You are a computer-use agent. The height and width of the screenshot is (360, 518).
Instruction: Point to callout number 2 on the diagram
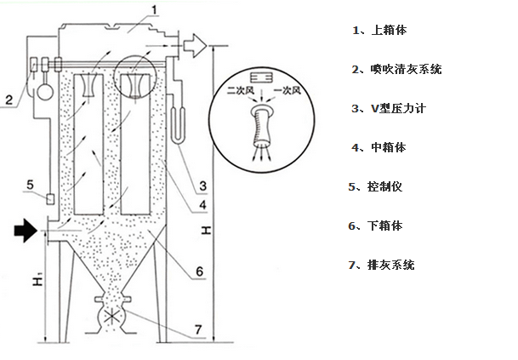pyautogui.click(x=8, y=100)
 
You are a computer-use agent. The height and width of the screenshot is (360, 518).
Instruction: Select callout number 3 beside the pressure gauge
pyautogui.click(x=203, y=185)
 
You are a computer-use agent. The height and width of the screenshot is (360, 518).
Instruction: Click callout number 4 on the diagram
pyautogui.click(x=203, y=206)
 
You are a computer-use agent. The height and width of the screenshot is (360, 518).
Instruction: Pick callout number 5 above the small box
pyautogui.click(x=30, y=184)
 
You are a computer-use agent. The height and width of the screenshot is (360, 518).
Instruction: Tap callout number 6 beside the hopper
pyautogui.click(x=197, y=272)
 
